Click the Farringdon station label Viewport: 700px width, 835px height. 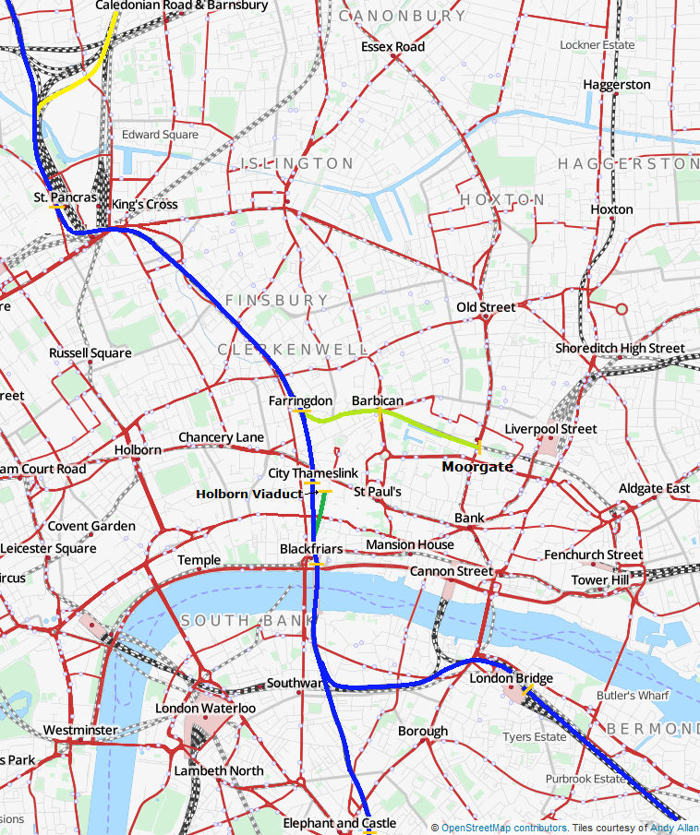(300, 401)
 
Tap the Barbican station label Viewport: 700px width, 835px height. (378, 400)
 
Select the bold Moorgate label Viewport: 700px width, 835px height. (477, 467)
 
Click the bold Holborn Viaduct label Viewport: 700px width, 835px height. (248, 494)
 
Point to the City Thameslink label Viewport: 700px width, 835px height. (312, 473)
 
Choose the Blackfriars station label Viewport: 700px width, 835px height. (311, 549)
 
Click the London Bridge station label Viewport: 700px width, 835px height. (511, 678)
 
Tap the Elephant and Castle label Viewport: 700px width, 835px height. (339, 823)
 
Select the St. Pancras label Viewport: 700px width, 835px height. (65, 197)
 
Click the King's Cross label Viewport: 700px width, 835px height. (145, 204)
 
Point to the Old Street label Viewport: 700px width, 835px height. (486, 307)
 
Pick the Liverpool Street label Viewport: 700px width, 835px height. (550, 429)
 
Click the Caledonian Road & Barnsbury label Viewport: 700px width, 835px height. (182, 6)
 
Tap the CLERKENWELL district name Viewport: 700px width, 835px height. (293, 350)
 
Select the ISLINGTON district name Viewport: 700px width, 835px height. (296, 163)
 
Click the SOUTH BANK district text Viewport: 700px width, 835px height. (236, 620)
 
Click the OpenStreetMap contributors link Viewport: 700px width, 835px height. (503, 828)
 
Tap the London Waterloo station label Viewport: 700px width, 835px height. (205, 708)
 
